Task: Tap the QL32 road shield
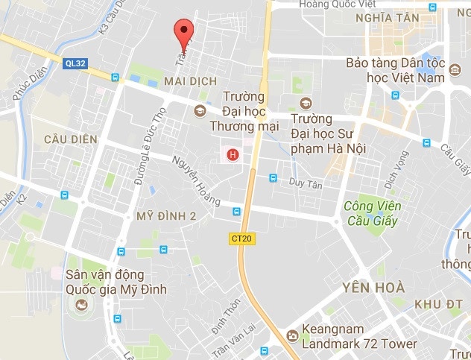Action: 76,64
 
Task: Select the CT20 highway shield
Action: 238,237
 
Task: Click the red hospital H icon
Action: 233,155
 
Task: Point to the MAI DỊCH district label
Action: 192,81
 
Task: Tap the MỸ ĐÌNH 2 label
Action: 167,216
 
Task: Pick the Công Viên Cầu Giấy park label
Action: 372,212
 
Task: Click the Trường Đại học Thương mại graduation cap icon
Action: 199,111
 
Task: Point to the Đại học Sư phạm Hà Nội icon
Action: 304,104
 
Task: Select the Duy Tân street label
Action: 306,183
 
